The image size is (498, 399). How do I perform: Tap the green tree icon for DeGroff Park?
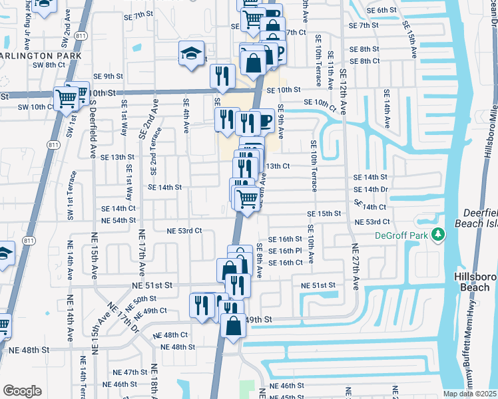click(x=438, y=235)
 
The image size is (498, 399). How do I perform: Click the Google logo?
click(x=22, y=391)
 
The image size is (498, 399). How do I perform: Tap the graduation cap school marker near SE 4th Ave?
click(x=191, y=53)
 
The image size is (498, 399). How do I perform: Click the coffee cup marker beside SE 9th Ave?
click(x=265, y=120)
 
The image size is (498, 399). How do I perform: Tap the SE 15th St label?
click(x=324, y=213)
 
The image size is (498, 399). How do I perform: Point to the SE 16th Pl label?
click(x=286, y=251)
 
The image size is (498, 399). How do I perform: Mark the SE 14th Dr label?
click(x=371, y=189)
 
